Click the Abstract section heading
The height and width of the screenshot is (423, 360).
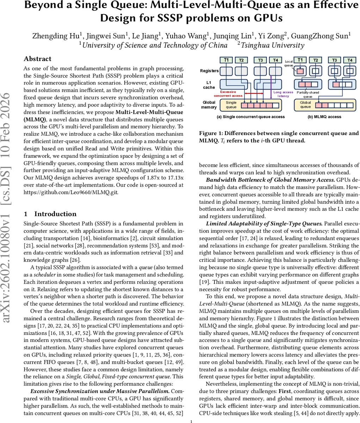37,59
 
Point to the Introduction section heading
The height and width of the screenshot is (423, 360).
55,214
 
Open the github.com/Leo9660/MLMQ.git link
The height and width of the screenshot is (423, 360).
71,192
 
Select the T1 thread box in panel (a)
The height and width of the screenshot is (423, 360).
226,60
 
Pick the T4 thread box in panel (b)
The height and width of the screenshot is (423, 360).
350,60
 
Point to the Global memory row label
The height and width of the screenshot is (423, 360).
209,105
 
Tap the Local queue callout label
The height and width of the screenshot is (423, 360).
288,63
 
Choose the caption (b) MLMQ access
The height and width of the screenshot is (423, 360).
324,117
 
